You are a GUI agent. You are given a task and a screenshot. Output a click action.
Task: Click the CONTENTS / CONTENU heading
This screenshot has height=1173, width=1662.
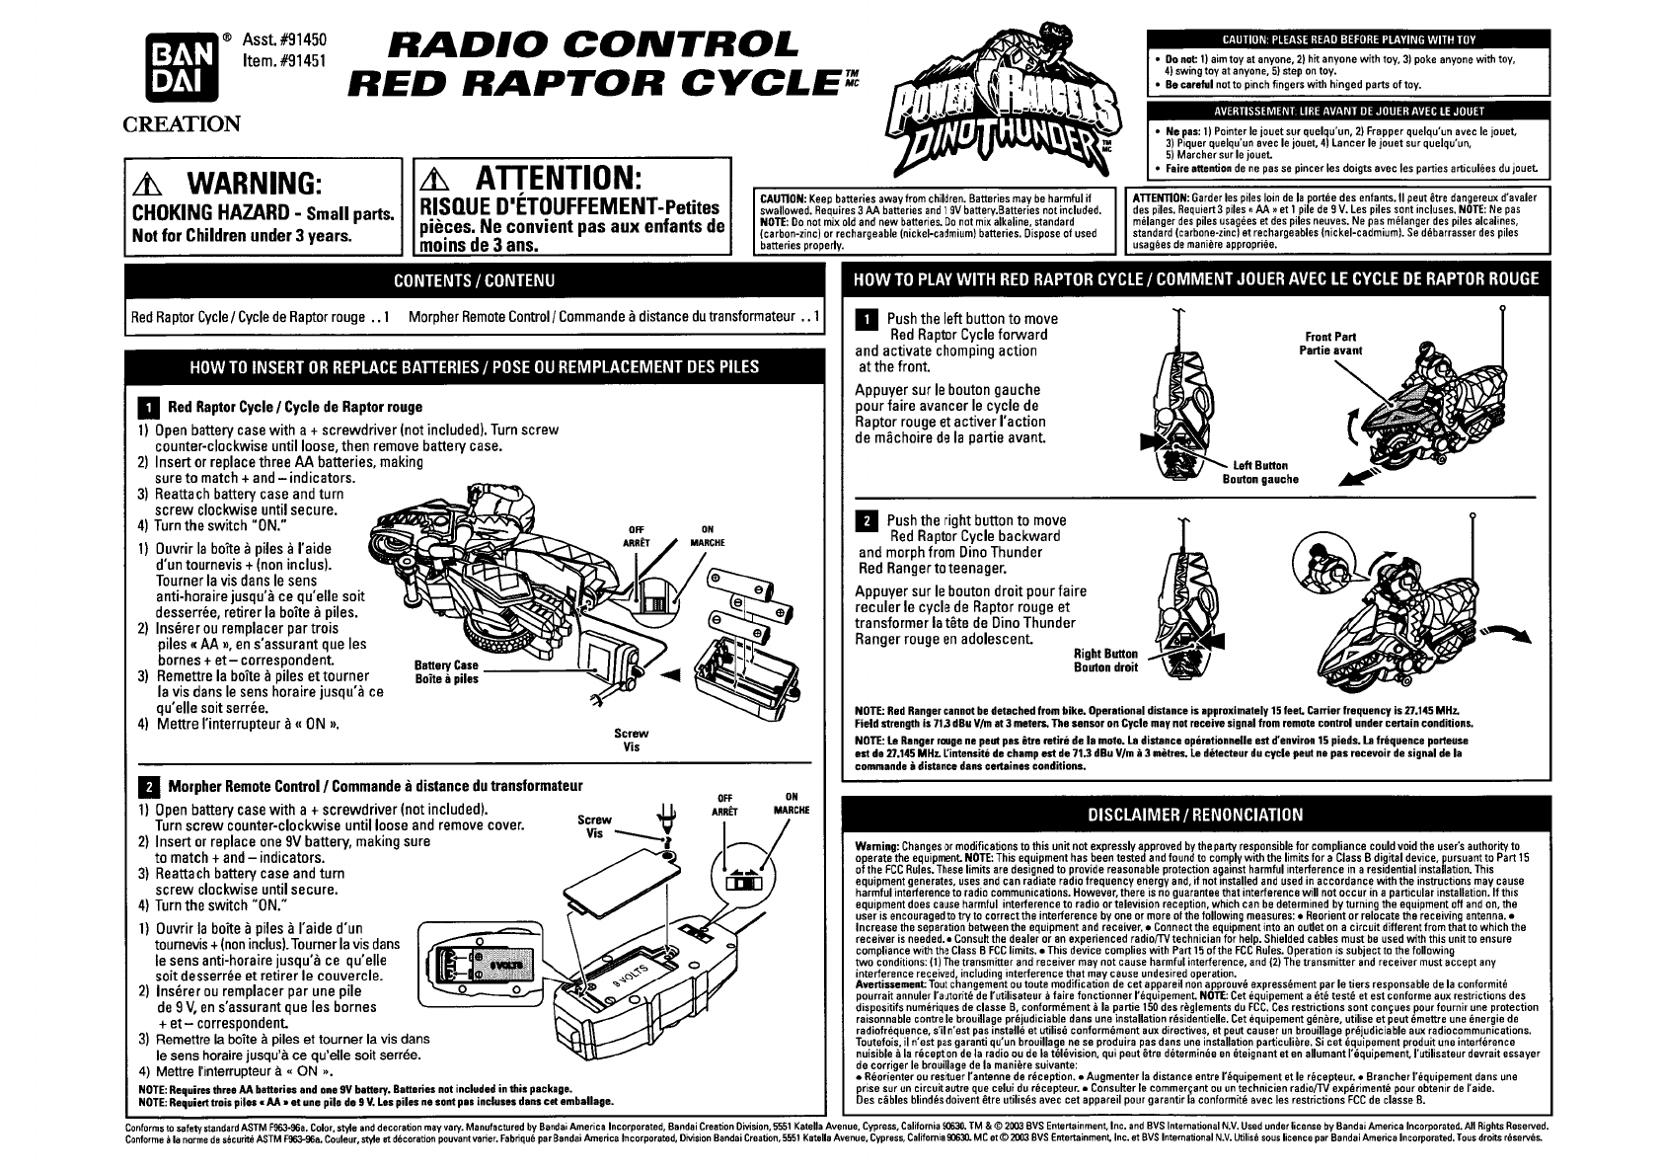[x=474, y=280]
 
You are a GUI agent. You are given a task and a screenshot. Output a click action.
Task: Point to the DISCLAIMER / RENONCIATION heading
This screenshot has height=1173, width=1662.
[x=1194, y=815]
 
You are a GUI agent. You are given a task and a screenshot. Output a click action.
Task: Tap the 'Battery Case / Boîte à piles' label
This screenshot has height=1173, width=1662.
[x=446, y=671]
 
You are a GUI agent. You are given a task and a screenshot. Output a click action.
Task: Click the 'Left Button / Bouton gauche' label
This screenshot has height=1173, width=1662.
[x=1260, y=472]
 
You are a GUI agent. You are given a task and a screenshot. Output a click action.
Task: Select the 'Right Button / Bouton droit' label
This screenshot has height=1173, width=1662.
[x=1105, y=660]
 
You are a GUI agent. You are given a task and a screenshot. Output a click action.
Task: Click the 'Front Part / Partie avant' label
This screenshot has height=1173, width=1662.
[x=1330, y=344]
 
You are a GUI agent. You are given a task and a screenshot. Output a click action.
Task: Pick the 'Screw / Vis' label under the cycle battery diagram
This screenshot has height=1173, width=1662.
[x=631, y=740]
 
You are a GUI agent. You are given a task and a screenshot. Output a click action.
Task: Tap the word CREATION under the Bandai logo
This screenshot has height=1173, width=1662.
[x=181, y=124]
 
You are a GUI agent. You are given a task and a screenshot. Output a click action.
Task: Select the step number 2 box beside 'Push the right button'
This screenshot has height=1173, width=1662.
[x=869, y=521]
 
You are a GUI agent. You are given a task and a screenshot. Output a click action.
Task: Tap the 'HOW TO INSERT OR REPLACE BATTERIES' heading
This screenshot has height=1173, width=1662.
[x=474, y=367]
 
